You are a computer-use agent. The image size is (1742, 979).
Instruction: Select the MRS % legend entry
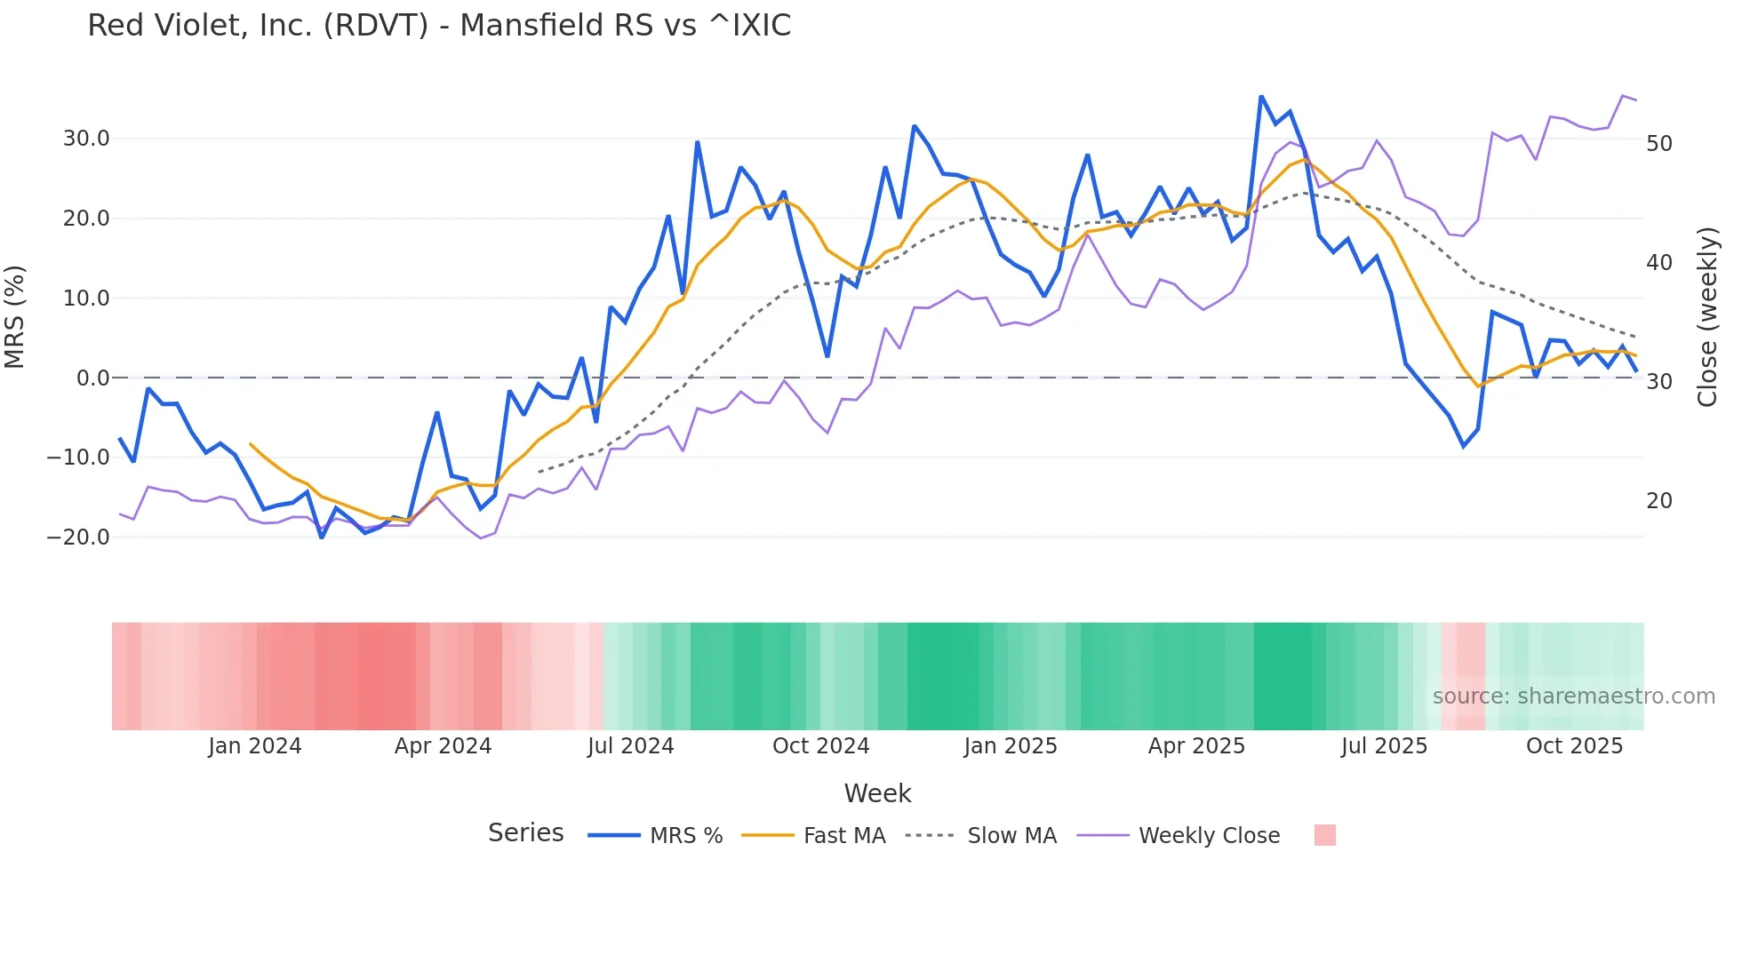tap(685, 836)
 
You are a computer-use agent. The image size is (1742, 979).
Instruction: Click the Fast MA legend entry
tap(843, 836)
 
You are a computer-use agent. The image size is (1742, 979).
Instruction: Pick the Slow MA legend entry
tap(1011, 836)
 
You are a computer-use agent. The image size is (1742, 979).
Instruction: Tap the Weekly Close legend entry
tap(1209, 836)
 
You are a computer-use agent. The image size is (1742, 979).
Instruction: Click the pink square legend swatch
tap(1324, 835)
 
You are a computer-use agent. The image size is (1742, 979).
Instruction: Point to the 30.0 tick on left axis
tap(86, 139)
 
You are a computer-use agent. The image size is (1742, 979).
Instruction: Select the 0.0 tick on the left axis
tap(93, 378)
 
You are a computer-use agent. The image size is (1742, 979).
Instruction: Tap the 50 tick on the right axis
tap(1659, 143)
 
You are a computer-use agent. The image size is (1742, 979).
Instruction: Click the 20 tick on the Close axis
tap(1659, 501)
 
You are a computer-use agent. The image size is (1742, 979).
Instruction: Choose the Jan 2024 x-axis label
tap(255, 746)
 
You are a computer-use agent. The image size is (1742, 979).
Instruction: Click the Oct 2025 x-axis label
tap(1574, 746)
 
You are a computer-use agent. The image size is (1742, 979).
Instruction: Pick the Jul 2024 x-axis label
tap(630, 746)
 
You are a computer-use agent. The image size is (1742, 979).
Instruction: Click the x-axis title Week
tap(877, 793)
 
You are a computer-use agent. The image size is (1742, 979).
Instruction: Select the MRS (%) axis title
tap(15, 316)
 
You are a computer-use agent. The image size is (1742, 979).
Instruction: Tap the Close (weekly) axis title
tap(1707, 317)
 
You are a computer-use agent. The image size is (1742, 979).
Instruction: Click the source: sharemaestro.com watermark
tap(1573, 696)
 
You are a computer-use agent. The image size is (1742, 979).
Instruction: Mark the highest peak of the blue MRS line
tap(1260, 96)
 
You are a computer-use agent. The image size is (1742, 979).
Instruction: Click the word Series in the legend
tap(525, 833)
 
